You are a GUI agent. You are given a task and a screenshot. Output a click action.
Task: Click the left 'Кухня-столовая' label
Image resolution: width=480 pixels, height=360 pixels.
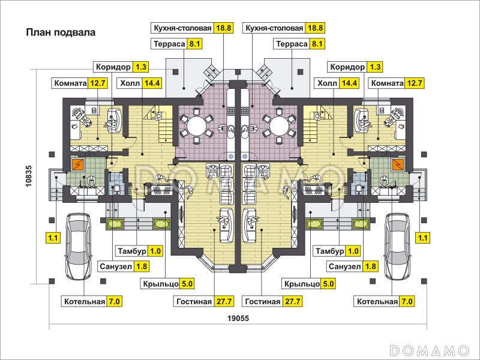coord(182,28)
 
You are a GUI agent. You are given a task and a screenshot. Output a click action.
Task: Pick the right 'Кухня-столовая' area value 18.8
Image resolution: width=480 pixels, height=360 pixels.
coord(316,28)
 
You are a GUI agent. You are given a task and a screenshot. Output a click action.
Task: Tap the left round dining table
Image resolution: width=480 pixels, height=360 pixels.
coord(196,126)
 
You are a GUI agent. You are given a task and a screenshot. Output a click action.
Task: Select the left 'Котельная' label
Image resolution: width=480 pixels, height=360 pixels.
coord(84,301)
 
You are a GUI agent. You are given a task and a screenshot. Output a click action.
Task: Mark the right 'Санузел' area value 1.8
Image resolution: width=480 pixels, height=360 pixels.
coord(370,266)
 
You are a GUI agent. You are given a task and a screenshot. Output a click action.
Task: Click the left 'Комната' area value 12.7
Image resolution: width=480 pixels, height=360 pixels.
coord(98,83)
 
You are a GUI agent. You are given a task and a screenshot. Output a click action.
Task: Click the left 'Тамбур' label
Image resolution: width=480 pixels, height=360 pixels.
coord(129,251)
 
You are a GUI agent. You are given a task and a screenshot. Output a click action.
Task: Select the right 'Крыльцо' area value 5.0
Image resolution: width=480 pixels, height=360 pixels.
coord(328,284)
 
